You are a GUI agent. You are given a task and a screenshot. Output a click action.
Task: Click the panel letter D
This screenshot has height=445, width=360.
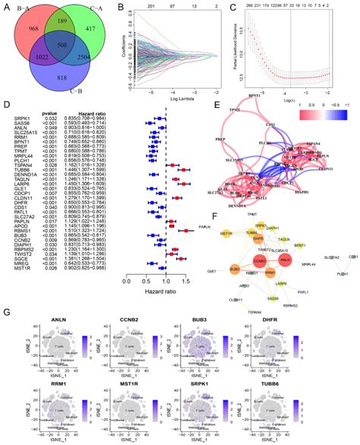(x=6, y=106)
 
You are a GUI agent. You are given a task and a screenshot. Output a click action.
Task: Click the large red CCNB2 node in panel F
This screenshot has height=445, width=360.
(x=261, y=260)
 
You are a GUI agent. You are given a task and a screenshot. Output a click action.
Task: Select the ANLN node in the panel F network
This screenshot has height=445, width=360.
(x=285, y=260)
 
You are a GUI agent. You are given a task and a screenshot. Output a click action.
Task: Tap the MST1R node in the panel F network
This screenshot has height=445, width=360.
(x=226, y=234)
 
